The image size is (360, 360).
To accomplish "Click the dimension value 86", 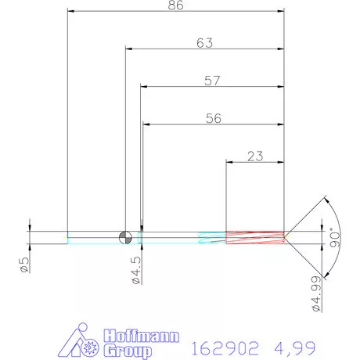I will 175,5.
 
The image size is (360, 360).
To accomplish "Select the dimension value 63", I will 204,43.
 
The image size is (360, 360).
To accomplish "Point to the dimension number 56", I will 213,118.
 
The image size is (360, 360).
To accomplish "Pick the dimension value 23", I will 254,156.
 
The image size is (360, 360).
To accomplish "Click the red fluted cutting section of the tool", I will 254,237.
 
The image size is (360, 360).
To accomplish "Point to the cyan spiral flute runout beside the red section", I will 212,237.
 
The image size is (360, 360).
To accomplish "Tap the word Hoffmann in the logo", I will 143,335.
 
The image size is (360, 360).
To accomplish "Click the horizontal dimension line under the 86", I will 175,13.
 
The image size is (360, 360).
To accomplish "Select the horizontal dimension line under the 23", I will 254,163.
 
